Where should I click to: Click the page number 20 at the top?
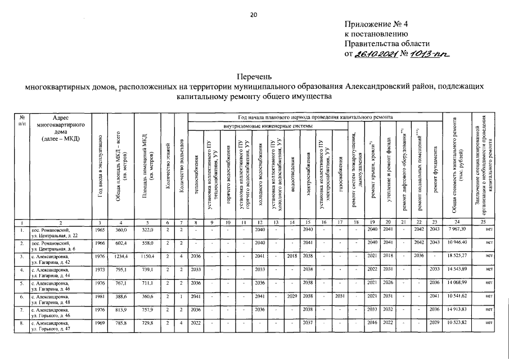pyautogui.click(x=254, y=15)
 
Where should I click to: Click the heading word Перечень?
pyautogui.click(x=254, y=75)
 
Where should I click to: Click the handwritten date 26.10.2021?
pyautogui.click(x=374, y=54)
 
